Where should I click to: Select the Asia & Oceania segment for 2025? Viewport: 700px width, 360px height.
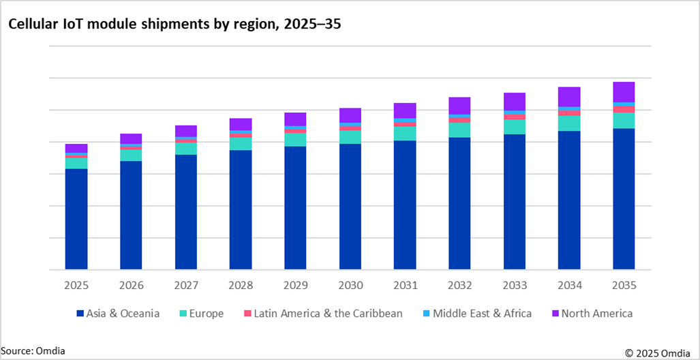(x=76, y=219)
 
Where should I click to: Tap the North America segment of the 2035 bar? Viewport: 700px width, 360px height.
(x=624, y=92)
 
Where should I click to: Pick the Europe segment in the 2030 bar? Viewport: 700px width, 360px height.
(x=350, y=137)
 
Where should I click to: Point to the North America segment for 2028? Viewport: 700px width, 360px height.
(x=241, y=124)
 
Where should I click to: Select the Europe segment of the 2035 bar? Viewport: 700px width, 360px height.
(x=624, y=121)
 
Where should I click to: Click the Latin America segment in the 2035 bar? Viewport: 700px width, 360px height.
(x=624, y=109)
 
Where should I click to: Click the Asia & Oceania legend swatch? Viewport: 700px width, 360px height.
(x=80, y=314)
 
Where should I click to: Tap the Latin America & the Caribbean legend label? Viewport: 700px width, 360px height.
(x=328, y=314)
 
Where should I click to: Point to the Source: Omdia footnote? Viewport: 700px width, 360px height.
(x=33, y=350)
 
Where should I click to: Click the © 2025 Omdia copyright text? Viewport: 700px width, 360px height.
(x=658, y=352)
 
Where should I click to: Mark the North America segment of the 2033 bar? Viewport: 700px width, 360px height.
(x=515, y=102)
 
